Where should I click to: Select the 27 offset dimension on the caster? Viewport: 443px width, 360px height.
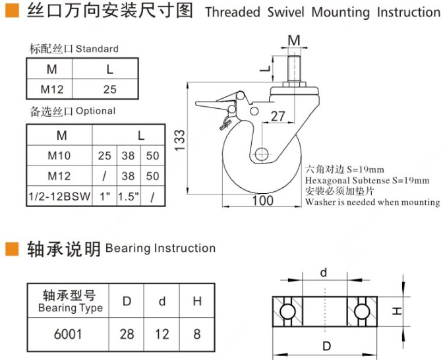click(278, 117)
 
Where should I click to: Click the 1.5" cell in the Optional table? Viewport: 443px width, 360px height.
click(128, 196)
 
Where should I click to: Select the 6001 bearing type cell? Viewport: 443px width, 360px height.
click(68, 334)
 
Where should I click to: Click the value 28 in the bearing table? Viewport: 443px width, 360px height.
click(127, 334)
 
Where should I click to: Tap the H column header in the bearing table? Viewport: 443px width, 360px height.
click(196, 302)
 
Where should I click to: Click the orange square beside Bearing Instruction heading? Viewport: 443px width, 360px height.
click(11, 249)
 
